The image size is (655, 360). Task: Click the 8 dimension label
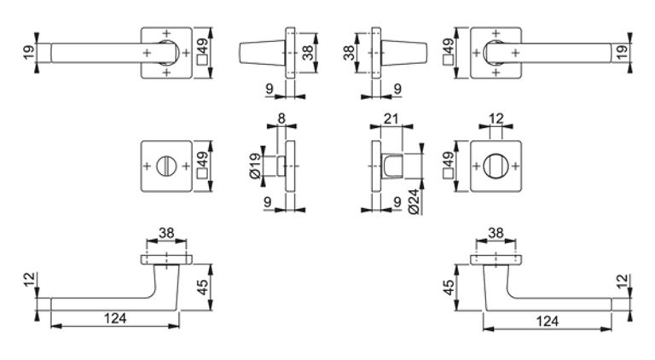tap(281, 119)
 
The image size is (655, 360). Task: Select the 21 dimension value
tap(391, 119)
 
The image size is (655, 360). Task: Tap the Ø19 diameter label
tap(255, 165)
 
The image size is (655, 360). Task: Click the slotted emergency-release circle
tap(166, 165)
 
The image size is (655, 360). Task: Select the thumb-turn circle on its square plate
tap(496, 165)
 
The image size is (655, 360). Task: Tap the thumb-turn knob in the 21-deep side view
tap(391, 165)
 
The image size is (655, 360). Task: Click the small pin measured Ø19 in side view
tap(281, 165)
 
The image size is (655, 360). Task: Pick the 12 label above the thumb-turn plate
tap(496, 119)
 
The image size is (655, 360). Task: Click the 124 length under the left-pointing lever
tap(115, 318)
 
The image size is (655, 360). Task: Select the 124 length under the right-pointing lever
tap(548, 321)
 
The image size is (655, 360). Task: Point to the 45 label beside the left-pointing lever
tap(202, 287)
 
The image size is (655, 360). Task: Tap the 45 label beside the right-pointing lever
tap(449, 287)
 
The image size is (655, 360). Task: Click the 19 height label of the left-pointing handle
tap(28, 53)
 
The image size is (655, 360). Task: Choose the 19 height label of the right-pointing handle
tap(623, 53)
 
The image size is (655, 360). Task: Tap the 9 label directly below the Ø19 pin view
tap(268, 201)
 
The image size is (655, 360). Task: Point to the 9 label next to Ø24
tap(397, 201)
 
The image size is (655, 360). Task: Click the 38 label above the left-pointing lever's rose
tap(166, 233)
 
